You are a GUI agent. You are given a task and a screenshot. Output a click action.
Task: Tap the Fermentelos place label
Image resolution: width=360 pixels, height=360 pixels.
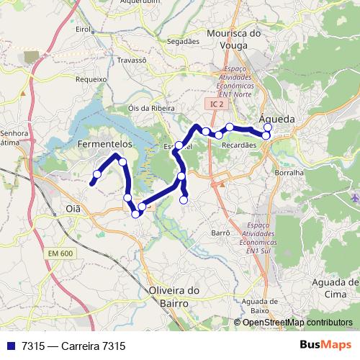pos(106,145)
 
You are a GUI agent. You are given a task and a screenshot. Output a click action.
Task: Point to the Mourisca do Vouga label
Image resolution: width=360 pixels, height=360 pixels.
pos(233,39)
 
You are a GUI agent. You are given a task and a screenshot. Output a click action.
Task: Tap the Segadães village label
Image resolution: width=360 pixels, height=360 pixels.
pos(184,42)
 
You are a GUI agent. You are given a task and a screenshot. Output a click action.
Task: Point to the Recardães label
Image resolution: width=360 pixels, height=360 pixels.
pos(240,145)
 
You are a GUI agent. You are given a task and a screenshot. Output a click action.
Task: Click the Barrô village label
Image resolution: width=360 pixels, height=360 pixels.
pos(219,233)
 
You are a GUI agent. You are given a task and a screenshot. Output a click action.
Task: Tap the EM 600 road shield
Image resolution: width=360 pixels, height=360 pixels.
pos(61,253)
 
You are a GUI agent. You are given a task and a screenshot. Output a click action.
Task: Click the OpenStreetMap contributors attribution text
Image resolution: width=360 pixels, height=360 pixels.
pos(297,323)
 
